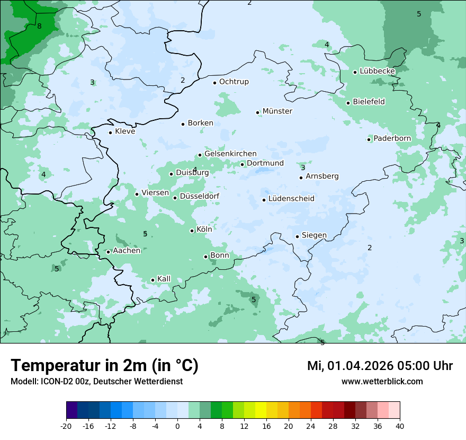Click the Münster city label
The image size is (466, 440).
click(x=277, y=111)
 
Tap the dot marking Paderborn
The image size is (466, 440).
click(x=369, y=139)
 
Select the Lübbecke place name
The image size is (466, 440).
click(x=377, y=71)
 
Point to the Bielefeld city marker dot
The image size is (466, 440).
click(x=348, y=103)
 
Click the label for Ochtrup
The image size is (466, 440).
click(x=234, y=82)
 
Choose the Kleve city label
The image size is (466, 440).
click(x=125, y=131)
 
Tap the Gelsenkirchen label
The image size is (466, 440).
click(x=230, y=154)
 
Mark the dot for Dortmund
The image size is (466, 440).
click(x=243, y=164)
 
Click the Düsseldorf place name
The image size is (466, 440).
click(x=199, y=197)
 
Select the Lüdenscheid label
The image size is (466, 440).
click(x=291, y=199)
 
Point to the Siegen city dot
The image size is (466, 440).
click(x=298, y=236)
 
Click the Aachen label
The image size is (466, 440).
click(x=127, y=251)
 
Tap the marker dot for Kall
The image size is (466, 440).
click(x=153, y=280)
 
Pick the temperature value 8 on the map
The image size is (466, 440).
click(x=39, y=26)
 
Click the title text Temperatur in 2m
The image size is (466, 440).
click(x=104, y=366)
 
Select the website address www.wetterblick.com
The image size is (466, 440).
click(x=382, y=381)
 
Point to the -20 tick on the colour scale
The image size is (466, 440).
click(x=66, y=426)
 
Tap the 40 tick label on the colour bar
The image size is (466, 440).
click(x=400, y=426)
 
